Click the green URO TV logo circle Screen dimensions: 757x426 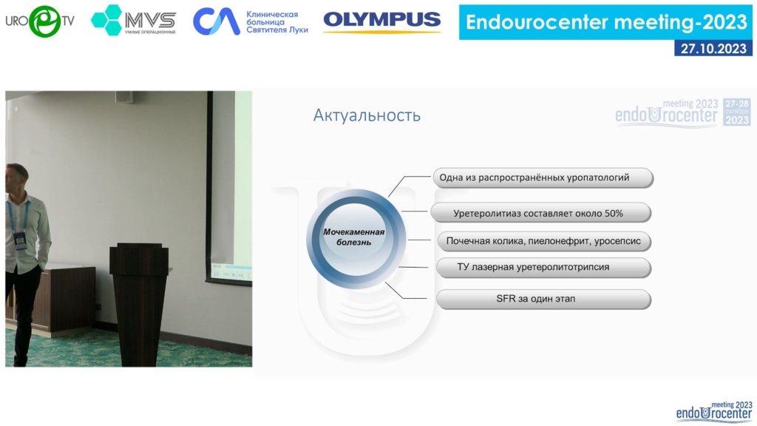tap(44, 21)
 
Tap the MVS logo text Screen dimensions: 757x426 tap(150, 20)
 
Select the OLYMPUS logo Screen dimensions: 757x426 tap(382, 20)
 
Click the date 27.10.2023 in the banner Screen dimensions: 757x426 tap(713, 48)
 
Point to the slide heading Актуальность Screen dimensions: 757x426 tap(367, 115)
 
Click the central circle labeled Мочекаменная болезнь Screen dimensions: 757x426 tap(356, 239)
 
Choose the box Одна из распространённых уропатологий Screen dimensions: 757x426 tap(543, 177)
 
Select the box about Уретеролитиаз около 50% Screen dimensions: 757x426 tap(540, 213)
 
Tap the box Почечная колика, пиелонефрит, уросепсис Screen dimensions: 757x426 tap(543, 241)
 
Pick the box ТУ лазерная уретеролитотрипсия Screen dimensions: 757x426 tap(543, 267)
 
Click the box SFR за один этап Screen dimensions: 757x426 tap(543, 299)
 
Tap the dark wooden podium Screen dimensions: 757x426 tap(139, 303)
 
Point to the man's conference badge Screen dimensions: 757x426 tap(20, 240)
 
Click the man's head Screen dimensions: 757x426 tap(16, 177)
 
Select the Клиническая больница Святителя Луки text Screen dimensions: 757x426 tap(277, 21)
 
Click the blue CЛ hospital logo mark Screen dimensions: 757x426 tap(217, 21)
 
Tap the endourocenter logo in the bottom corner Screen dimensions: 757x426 tap(714, 411)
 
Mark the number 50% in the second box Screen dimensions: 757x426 tap(614, 213)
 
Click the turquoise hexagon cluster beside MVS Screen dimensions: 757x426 tap(106, 20)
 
